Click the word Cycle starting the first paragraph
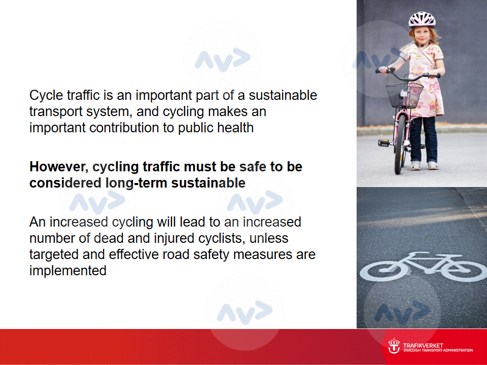pyautogui.click(x=46, y=95)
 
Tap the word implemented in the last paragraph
pyautogui.click(x=67, y=271)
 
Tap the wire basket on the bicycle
pyautogui.click(x=404, y=95)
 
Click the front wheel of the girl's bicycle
pyautogui.click(x=399, y=144)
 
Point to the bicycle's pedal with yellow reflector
pyautogui.click(x=384, y=143)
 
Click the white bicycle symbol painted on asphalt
pyautogui.click(x=424, y=267)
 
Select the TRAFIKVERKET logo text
pyautogui.click(x=423, y=345)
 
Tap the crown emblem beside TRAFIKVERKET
pyautogui.click(x=394, y=346)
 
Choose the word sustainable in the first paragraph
pyautogui.click(x=283, y=95)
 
